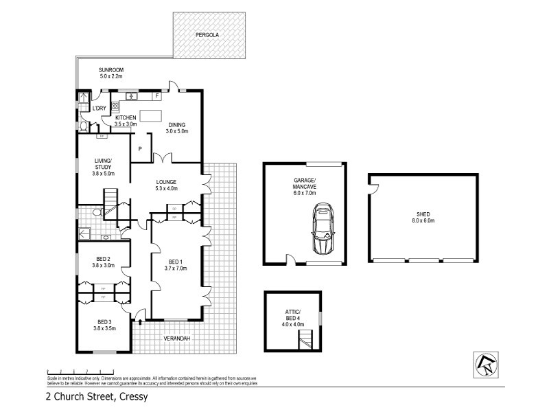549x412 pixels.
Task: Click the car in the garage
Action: (x=323, y=229)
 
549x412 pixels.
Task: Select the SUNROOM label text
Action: (x=110, y=69)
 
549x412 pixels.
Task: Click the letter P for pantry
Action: (x=140, y=148)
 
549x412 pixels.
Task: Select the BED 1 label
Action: (x=175, y=262)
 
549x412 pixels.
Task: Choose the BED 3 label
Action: (x=104, y=322)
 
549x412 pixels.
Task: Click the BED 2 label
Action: (x=104, y=259)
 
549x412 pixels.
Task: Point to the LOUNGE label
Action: (x=166, y=181)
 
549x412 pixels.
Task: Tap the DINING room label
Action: (x=176, y=124)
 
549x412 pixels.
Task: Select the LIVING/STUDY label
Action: (x=104, y=163)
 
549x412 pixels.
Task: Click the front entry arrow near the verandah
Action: (x=141, y=319)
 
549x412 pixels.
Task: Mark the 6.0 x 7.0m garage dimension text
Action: (x=299, y=193)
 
